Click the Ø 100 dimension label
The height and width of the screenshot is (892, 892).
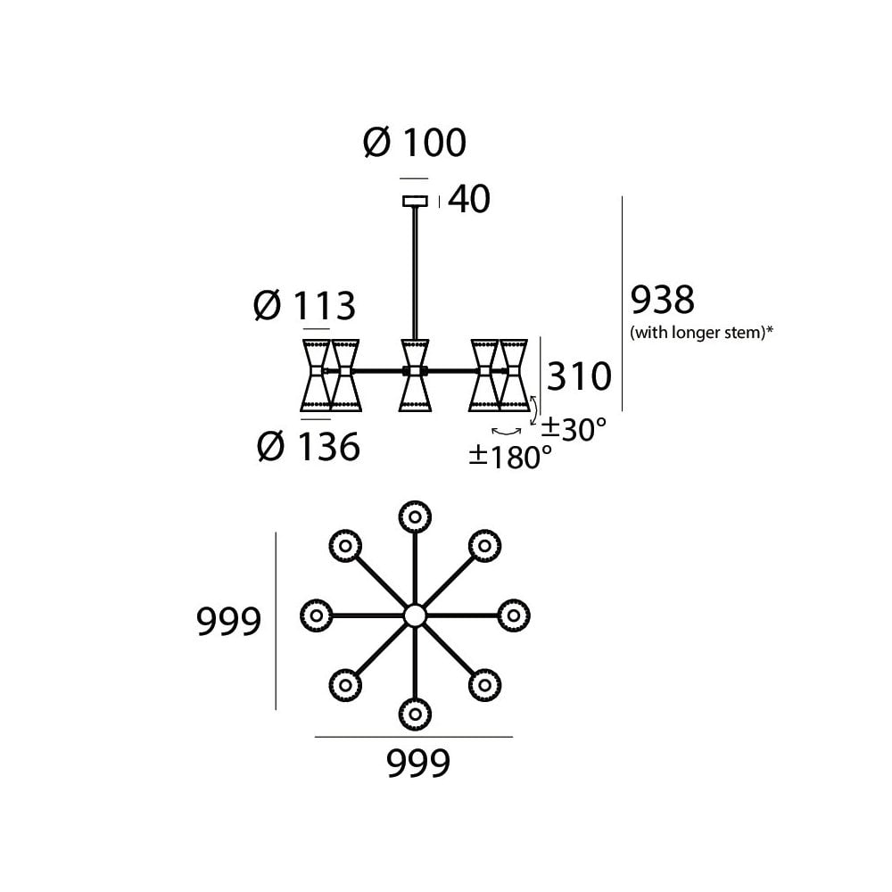tap(415, 142)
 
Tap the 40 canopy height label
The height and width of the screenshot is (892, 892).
tap(469, 199)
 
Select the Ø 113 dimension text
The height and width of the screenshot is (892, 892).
tap(304, 305)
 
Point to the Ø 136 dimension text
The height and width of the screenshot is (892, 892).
tap(309, 446)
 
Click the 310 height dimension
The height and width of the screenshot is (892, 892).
tap(579, 376)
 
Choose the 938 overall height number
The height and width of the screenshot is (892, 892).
tap(663, 300)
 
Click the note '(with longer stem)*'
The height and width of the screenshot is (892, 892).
tap(701, 332)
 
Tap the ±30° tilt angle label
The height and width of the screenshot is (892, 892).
tap(574, 429)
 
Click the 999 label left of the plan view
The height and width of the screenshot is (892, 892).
tap(228, 621)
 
